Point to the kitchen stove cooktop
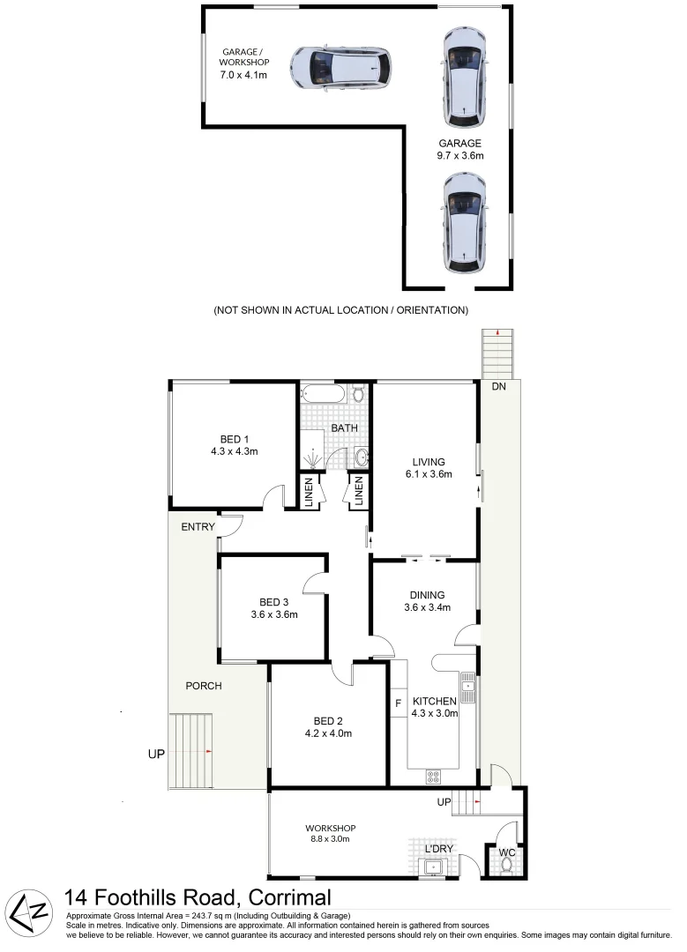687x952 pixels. pyautogui.click(x=434, y=777)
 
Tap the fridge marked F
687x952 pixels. pyautogui.click(x=399, y=703)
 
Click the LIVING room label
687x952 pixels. pyautogui.click(x=429, y=461)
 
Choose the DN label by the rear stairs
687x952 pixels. pyautogui.click(x=499, y=387)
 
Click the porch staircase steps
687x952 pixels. pyautogui.click(x=191, y=751)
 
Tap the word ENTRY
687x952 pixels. pyautogui.click(x=198, y=527)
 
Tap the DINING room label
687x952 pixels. pyautogui.click(x=427, y=595)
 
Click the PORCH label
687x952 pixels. pyautogui.click(x=203, y=685)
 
